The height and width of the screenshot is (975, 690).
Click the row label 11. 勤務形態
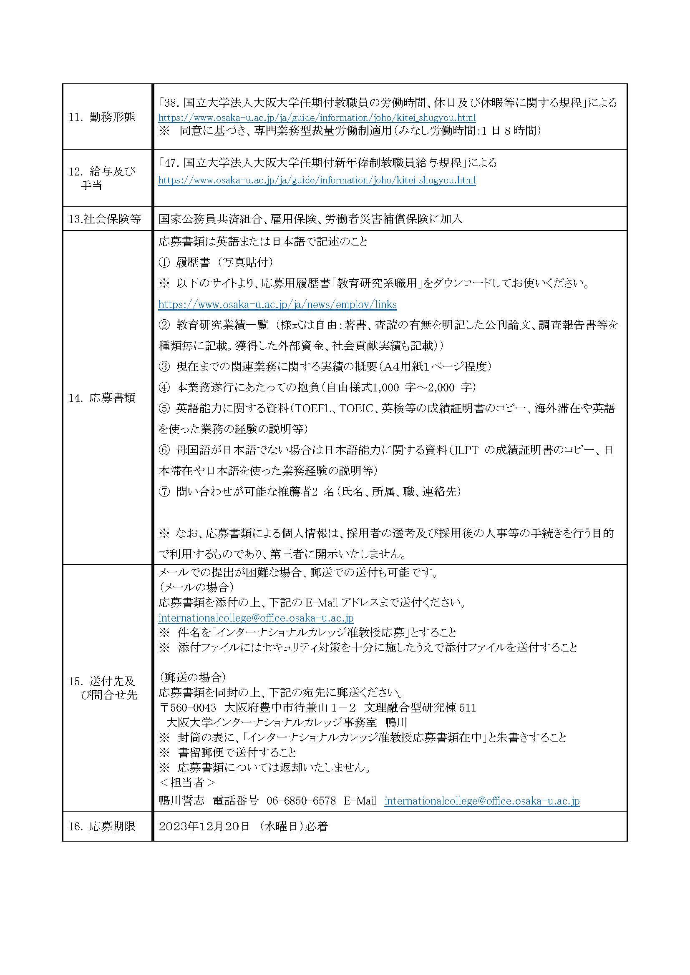102,117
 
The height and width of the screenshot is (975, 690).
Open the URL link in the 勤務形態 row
317,118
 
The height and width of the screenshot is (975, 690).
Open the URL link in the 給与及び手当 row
317,180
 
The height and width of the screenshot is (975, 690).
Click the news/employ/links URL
277,304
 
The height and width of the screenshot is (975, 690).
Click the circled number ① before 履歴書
164,263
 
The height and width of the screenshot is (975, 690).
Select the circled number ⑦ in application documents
164,492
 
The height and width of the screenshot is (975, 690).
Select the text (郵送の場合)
192,676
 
